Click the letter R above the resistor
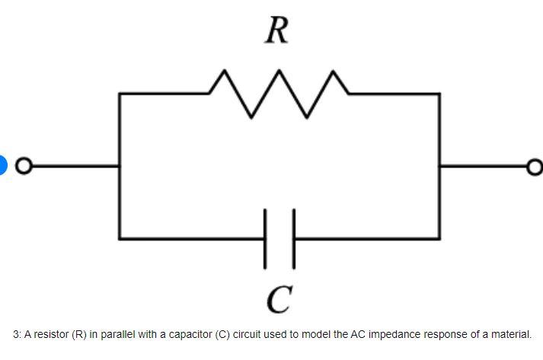(x=277, y=31)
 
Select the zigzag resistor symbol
(x=278, y=93)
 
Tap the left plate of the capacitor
(x=266, y=237)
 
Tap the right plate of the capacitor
(x=292, y=237)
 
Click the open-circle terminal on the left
(x=24, y=165)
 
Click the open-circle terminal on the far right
(x=535, y=165)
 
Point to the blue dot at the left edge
(x=2, y=164)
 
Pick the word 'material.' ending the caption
(x=509, y=334)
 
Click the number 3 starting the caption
(x=16, y=334)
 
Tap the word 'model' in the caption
(x=324, y=334)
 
